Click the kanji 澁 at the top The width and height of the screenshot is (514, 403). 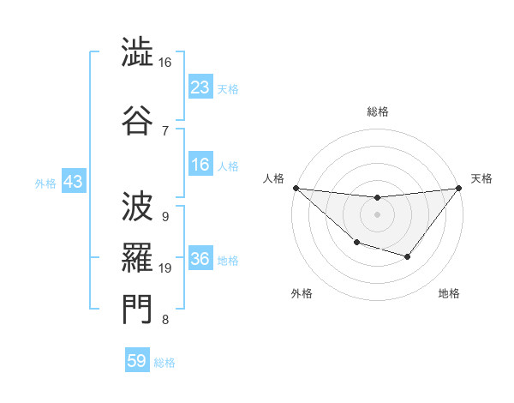[x=137, y=54]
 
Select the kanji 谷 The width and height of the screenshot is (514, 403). [x=137, y=118]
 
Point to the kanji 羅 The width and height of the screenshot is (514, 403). [x=137, y=254]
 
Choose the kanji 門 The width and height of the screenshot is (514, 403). [x=137, y=310]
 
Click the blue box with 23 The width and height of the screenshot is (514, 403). [x=200, y=87]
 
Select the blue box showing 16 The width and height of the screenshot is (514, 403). [x=200, y=165]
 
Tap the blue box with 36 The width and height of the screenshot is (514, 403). [x=200, y=260]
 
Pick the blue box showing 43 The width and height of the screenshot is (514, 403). [x=73, y=182]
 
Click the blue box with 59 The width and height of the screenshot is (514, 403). [x=137, y=361]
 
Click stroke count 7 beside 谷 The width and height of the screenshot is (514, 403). [x=164, y=130]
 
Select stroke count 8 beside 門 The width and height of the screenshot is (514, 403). [x=164, y=321]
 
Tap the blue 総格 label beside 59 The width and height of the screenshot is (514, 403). [x=164, y=363]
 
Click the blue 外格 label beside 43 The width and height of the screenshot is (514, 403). [x=45, y=183]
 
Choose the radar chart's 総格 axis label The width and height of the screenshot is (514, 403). [x=377, y=111]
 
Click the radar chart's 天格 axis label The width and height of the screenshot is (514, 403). [x=481, y=178]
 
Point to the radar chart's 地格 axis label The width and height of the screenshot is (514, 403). [x=449, y=293]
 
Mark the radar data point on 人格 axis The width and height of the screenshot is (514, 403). [x=296, y=187]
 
